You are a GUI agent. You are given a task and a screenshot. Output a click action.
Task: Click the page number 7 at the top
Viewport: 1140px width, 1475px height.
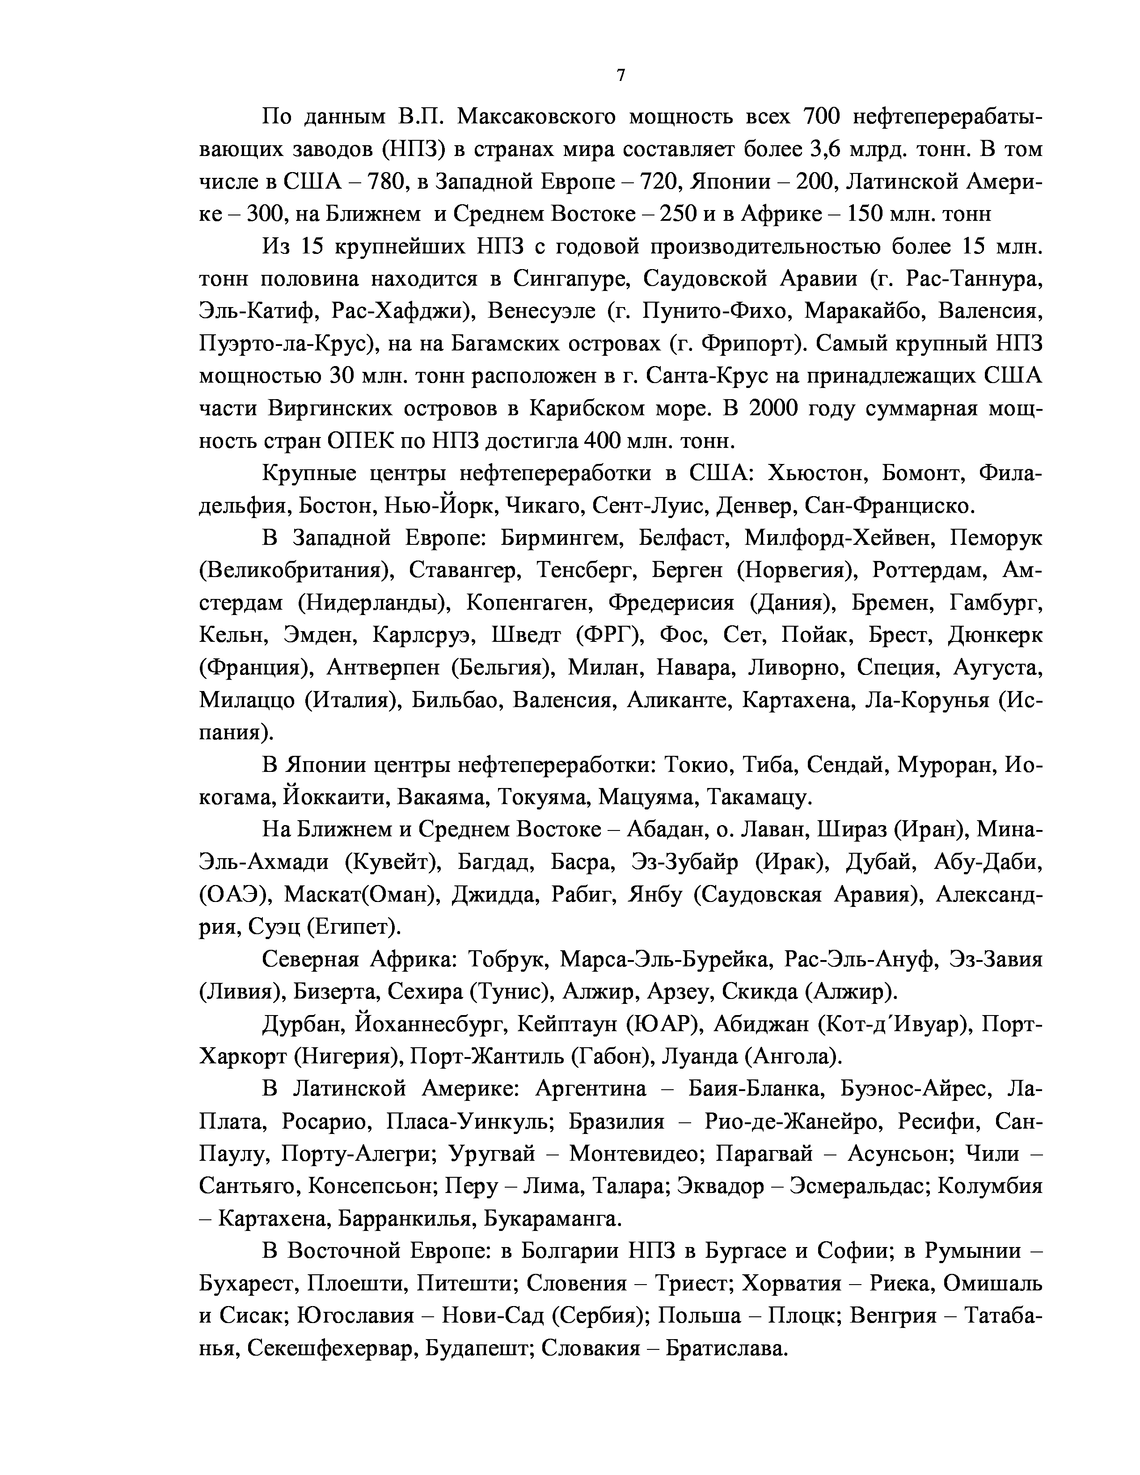point(621,75)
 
